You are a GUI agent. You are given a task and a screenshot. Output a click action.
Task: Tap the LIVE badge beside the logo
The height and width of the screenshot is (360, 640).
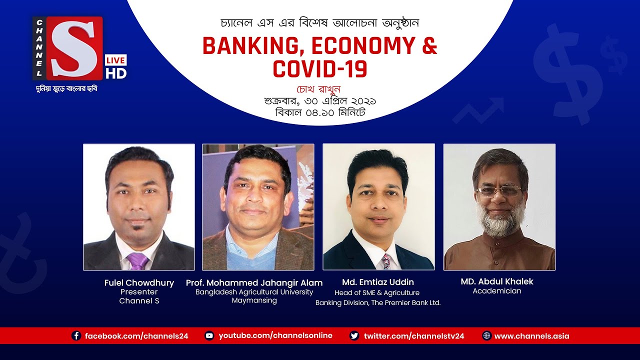click(x=115, y=60)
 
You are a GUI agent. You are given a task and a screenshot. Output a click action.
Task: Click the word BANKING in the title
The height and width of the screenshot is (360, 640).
click(x=251, y=46)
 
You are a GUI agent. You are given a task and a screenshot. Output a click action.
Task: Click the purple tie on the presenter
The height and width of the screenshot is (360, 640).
click(x=137, y=261)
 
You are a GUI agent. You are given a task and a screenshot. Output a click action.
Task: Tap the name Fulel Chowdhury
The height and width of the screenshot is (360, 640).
click(x=139, y=283)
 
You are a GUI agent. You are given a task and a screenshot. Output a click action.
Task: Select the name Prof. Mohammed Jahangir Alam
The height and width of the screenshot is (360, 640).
click(x=254, y=283)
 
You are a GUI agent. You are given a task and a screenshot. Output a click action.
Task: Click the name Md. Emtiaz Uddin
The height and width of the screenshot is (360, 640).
click(x=378, y=282)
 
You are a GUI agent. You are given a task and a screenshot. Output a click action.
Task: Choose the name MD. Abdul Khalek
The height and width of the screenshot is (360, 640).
click(x=496, y=281)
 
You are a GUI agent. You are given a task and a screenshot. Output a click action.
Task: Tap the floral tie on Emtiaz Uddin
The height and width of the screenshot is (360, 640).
click(x=385, y=261)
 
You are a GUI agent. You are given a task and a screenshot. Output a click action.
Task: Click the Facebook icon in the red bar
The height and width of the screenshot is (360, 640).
click(x=76, y=336)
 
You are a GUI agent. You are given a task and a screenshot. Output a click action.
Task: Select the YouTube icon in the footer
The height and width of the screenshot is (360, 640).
click(x=209, y=336)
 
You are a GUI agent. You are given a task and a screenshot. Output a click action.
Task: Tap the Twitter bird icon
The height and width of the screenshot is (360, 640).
click(x=354, y=336)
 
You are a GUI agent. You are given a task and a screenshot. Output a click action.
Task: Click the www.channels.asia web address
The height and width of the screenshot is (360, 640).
click(x=531, y=336)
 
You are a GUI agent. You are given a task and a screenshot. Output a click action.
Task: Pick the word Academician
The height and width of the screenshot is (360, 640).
click(x=496, y=291)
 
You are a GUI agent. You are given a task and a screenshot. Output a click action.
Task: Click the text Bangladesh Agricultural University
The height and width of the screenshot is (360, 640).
click(x=254, y=292)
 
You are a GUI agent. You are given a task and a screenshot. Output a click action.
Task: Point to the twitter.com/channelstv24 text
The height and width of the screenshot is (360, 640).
click(x=414, y=336)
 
